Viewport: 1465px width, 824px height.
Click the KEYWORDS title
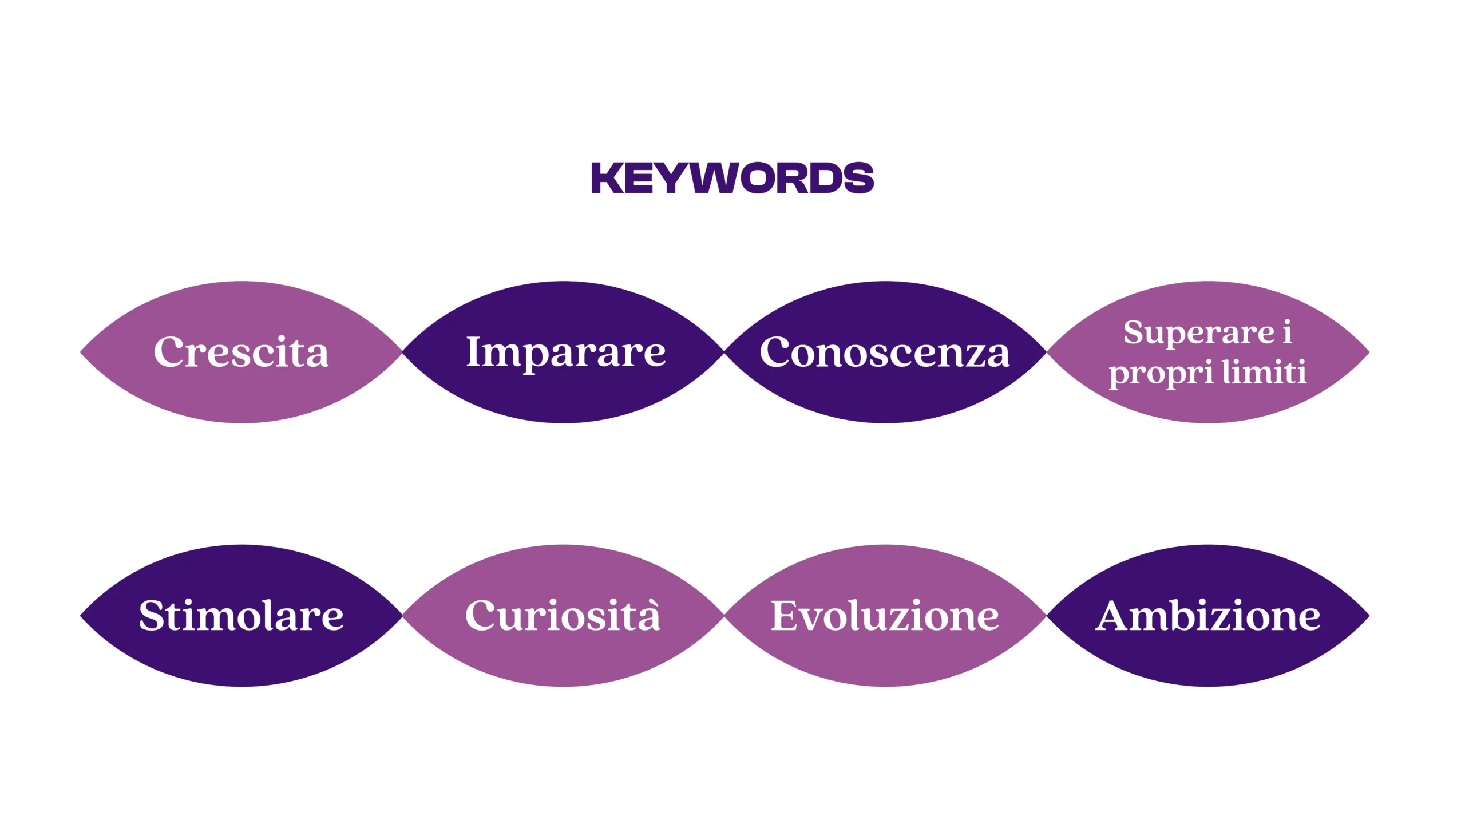732,178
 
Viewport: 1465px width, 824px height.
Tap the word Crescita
241,351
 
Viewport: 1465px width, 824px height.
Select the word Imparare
566,354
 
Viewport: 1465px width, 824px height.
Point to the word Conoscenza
885,351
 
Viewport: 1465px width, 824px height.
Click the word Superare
1199,334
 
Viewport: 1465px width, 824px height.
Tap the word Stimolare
241,616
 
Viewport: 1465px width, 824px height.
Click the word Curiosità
563,616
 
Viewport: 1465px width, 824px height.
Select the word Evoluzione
885,616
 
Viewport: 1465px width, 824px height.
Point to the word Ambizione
1207,616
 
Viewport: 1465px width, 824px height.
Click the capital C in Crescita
169,351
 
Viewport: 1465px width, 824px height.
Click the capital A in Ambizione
1114,616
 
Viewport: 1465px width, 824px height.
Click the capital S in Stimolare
151,616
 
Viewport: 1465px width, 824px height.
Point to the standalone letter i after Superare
1287,332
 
